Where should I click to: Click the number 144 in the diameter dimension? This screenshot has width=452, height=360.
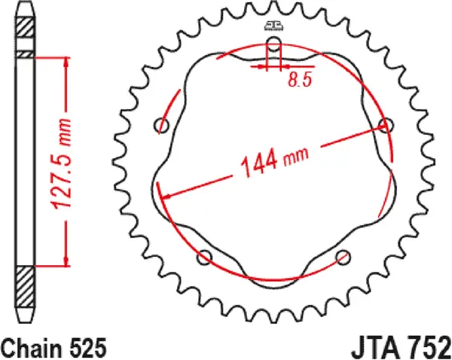pyautogui.click(x=258, y=164)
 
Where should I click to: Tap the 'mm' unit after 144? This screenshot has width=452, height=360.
pyautogui.click(x=296, y=154)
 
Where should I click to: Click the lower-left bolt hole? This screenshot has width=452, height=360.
pyautogui.click(x=204, y=258)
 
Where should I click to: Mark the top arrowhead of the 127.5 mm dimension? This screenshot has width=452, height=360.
pyautogui.click(x=69, y=63)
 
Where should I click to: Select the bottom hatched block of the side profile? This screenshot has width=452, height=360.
pyautogui.click(x=26, y=288)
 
